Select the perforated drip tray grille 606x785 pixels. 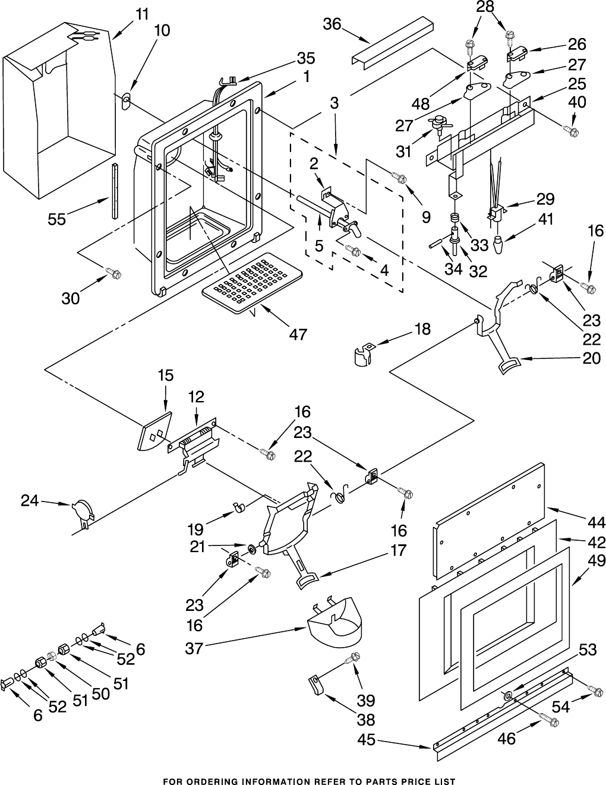pos(252,282)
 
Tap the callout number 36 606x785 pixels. pos(332,24)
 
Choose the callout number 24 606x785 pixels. pos(30,501)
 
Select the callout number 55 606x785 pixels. pos(58,219)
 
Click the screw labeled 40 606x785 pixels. pos(573,130)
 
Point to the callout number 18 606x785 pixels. pos(422,329)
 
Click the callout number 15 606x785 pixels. pos(166,376)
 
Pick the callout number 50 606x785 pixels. pos(100,693)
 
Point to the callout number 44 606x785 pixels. pos(596,522)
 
